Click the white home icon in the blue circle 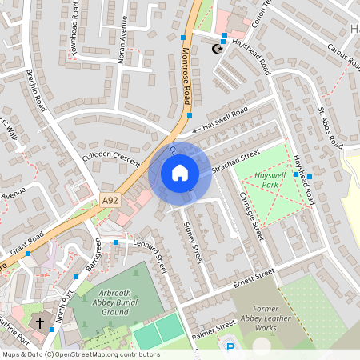click(180, 172)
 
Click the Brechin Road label click(37, 97)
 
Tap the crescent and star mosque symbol click(214, 50)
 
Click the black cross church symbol click(40, 322)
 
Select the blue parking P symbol click(231, 347)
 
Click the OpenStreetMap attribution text click(80, 354)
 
